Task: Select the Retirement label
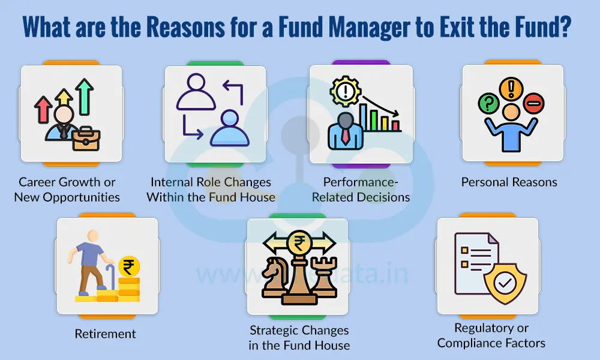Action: tap(106, 334)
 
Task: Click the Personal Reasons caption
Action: tap(509, 182)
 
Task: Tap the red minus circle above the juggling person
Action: tap(533, 104)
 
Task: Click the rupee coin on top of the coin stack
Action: tap(127, 266)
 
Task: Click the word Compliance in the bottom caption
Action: tap(473, 343)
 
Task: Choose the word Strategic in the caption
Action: tap(277, 331)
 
